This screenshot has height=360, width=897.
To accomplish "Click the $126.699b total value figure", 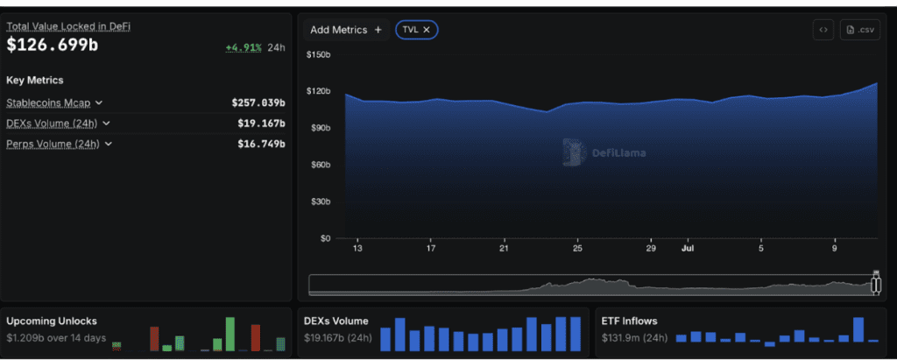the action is pyautogui.click(x=52, y=46).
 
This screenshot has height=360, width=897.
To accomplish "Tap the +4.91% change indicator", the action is pyautogui.click(x=244, y=47).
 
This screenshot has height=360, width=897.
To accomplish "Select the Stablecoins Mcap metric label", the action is pyautogui.click(x=48, y=102).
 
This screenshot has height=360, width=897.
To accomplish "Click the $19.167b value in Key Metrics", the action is pyautogui.click(x=261, y=123).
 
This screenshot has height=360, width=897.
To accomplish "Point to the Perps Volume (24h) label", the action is pyautogui.click(x=53, y=144).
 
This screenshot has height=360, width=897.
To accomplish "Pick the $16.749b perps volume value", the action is pyautogui.click(x=261, y=144).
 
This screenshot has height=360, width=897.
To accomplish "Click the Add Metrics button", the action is pyautogui.click(x=346, y=30).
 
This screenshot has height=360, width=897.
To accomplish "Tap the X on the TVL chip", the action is pyautogui.click(x=427, y=30).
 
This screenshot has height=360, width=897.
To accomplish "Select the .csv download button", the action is pyautogui.click(x=860, y=30).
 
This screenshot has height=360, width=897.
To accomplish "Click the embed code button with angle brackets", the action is pyautogui.click(x=823, y=30).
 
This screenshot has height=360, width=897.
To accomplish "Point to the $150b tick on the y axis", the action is pyautogui.click(x=319, y=54).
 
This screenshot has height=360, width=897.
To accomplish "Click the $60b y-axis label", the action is pyautogui.click(x=321, y=165).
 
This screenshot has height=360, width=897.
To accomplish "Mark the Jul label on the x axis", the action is pyautogui.click(x=688, y=249).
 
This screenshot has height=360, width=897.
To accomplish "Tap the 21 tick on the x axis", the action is pyautogui.click(x=504, y=249).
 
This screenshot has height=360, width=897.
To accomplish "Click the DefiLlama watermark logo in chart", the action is pyautogui.click(x=575, y=152).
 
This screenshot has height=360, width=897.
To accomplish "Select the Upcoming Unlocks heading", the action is pyautogui.click(x=52, y=321).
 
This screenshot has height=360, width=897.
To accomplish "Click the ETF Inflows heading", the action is pyautogui.click(x=629, y=321).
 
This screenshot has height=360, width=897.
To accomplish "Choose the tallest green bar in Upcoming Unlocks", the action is pyautogui.click(x=230, y=334).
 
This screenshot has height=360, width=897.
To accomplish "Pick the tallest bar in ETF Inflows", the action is pyautogui.click(x=858, y=329).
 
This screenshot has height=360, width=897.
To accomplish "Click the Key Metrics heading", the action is pyautogui.click(x=35, y=80).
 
